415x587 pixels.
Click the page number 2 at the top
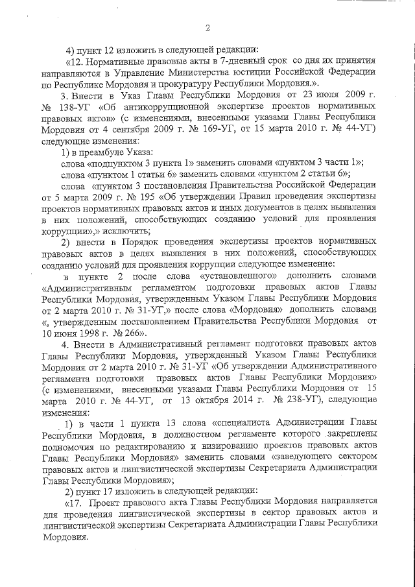coord(207,28)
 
